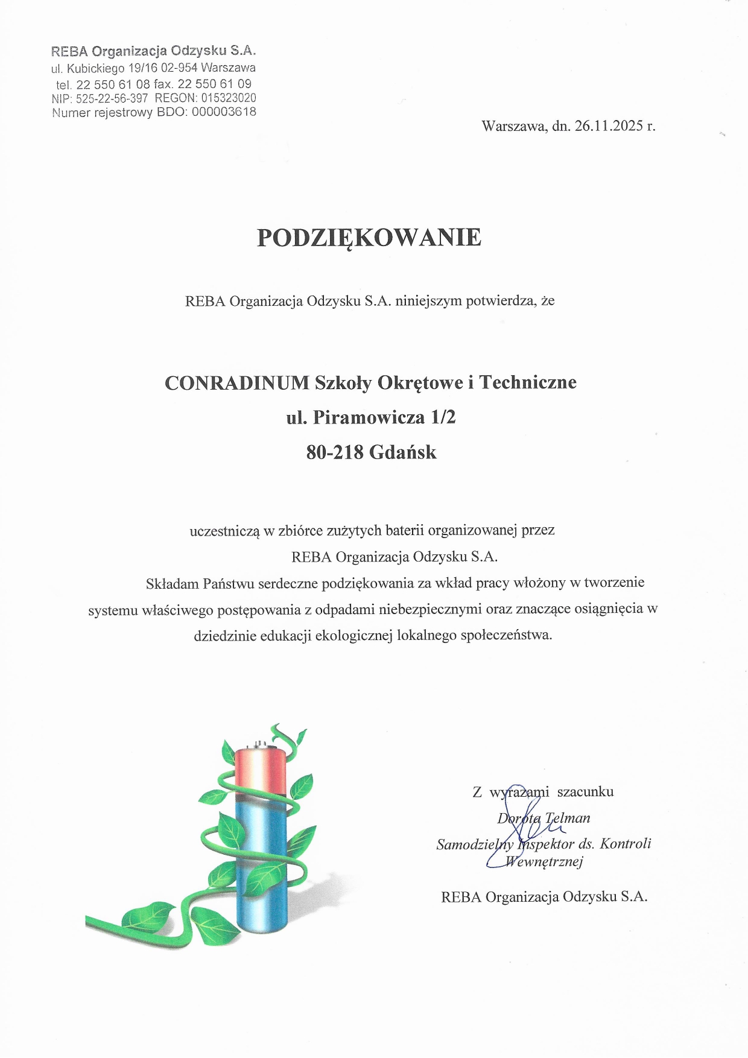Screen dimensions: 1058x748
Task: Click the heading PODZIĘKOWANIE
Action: point(369,238)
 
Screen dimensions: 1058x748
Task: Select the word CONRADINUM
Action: point(236,383)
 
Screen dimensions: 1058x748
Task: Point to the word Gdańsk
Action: point(402,452)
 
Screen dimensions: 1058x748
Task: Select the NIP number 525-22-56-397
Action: point(112,98)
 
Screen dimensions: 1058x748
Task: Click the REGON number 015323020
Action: point(224,98)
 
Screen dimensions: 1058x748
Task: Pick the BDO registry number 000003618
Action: point(224,112)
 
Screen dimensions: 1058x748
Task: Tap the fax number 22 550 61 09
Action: point(215,84)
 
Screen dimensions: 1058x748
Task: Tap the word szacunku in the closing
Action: point(585,791)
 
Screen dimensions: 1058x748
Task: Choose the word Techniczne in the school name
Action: point(528,383)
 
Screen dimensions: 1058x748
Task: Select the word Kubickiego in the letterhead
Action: point(95,68)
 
